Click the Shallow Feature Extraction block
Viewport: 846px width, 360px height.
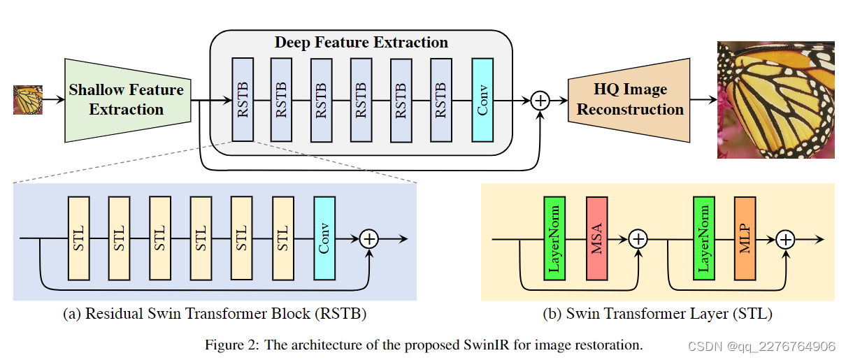(x=128, y=100)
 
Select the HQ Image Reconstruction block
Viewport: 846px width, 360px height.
(x=629, y=100)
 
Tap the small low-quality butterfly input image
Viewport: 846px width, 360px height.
(x=28, y=100)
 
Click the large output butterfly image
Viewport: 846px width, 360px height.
(x=776, y=100)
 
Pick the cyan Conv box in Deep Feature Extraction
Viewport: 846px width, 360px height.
(x=482, y=100)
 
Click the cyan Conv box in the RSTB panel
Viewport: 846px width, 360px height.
(x=324, y=238)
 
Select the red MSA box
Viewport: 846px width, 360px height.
(x=596, y=238)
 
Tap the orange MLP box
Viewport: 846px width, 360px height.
(x=745, y=238)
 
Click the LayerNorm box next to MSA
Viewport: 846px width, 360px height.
(x=554, y=238)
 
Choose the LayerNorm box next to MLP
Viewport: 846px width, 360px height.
(x=704, y=238)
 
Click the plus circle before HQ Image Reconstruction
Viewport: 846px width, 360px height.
(x=540, y=101)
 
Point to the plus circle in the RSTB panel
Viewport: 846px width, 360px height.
(x=369, y=239)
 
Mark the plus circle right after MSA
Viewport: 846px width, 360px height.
(x=638, y=239)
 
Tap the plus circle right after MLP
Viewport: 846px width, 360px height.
(x=786, y=240)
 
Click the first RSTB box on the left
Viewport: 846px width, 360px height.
(x=243, y=100)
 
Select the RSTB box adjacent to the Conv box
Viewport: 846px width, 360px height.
(x=441, y=100)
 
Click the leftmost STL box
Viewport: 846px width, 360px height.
(x=78, y=238)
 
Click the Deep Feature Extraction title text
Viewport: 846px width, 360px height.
(x=361, y=43)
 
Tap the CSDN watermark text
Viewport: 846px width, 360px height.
(x=761, y=347)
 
